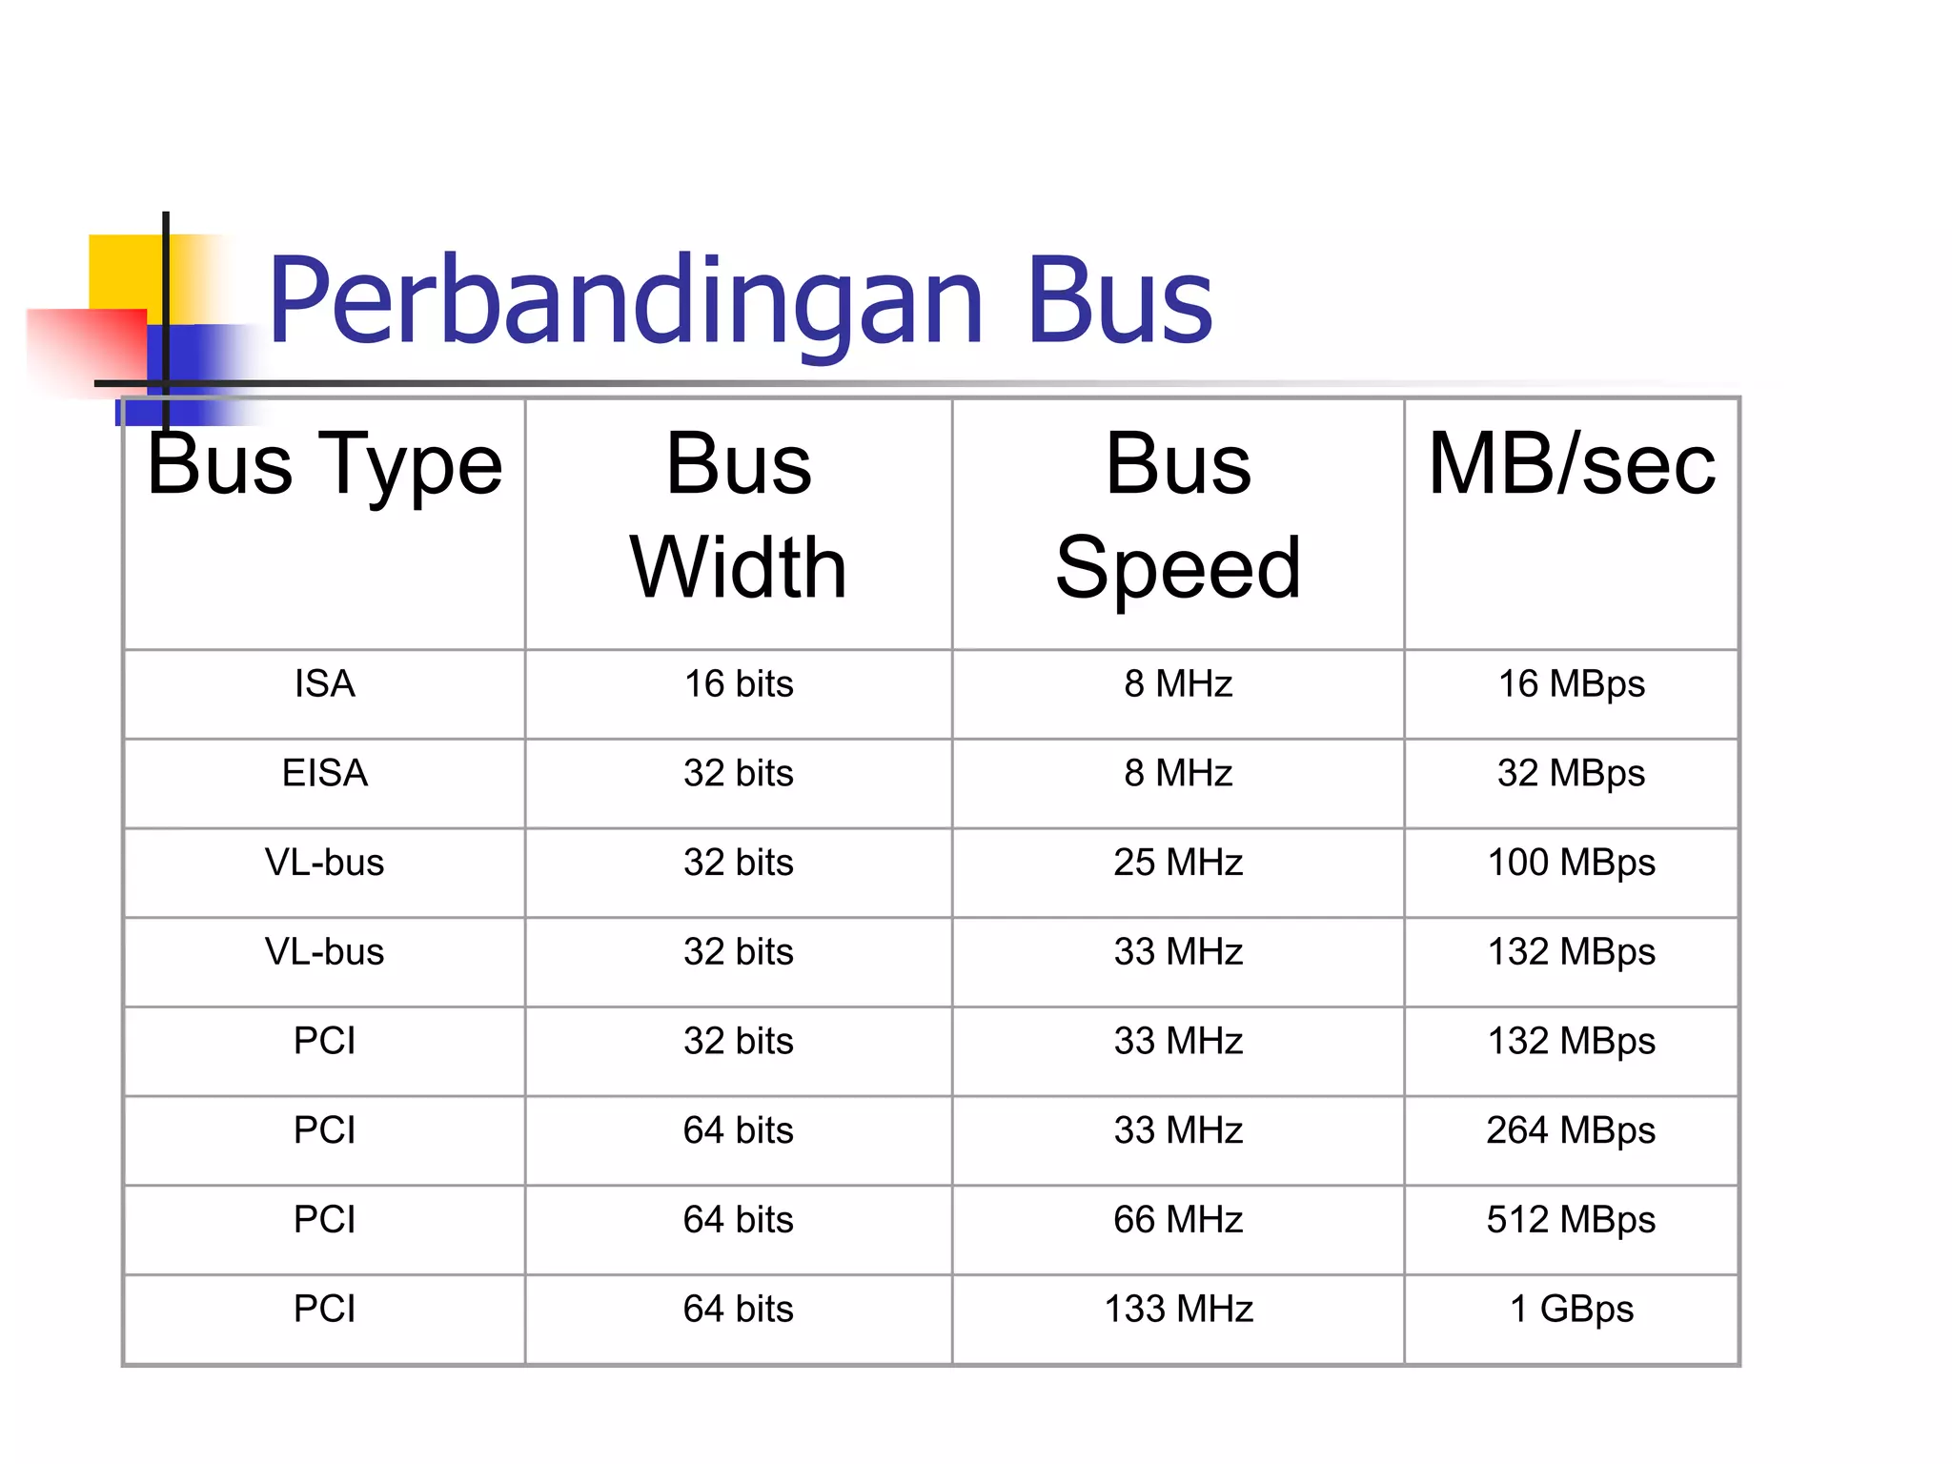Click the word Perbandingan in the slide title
625,300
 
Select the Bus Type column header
324,465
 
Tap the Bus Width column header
739,516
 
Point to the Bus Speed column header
1178,516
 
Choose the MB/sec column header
1572,465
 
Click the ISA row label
324,684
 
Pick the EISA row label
324,773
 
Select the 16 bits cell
739,684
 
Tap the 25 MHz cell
1178,863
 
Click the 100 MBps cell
1572,863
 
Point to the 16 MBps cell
1572,684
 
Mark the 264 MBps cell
1572,1130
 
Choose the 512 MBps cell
1572,1220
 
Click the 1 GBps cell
1572,1310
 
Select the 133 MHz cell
1178,1310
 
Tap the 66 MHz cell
1178,1220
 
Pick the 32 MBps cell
1572,773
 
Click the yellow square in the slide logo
124,272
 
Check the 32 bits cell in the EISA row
739,773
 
